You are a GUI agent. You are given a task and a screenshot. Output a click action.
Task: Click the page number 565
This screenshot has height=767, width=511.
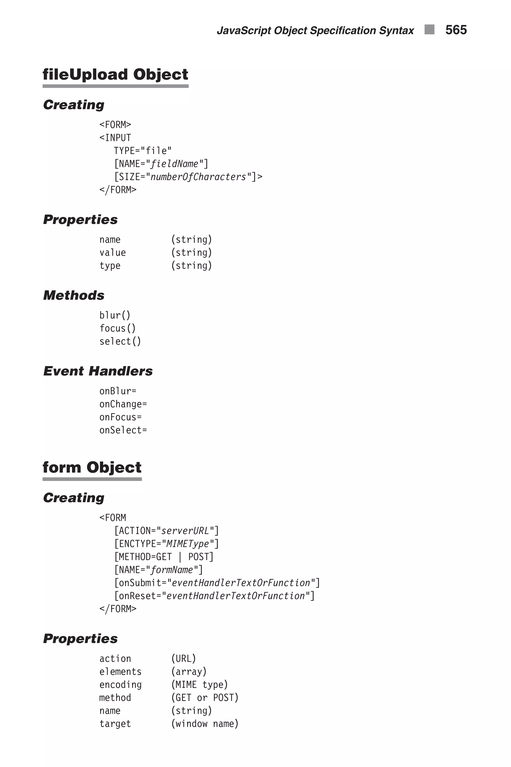(456, 30)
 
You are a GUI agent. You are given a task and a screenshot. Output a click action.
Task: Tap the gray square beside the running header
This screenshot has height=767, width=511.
(429, 29)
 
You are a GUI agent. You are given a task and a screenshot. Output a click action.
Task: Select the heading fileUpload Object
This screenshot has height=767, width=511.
(115, 75)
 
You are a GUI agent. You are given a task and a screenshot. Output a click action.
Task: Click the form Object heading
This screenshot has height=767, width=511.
(92, 468)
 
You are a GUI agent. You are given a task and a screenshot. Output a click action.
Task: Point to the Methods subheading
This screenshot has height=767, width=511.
(74, 295)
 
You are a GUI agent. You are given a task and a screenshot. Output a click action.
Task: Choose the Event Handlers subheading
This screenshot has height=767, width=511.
(98, 371)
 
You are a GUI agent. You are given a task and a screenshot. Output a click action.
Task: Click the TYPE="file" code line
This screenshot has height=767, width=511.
(142, 151)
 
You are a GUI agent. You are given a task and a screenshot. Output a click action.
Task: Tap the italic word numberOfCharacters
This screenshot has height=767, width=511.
(198, 177)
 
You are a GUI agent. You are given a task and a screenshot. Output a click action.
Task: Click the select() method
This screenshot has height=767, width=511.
(120, 342)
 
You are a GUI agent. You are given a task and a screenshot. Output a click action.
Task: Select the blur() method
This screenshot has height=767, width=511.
(115, 315)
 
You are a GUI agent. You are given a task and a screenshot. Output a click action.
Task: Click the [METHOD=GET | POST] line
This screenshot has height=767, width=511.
(164, 557)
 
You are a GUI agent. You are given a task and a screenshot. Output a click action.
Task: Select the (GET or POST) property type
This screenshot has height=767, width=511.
(205, 698)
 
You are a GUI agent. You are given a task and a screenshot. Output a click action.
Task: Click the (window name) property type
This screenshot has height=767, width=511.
(205, 724)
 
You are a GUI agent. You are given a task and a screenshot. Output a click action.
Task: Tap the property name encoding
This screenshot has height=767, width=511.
(120, 685)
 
